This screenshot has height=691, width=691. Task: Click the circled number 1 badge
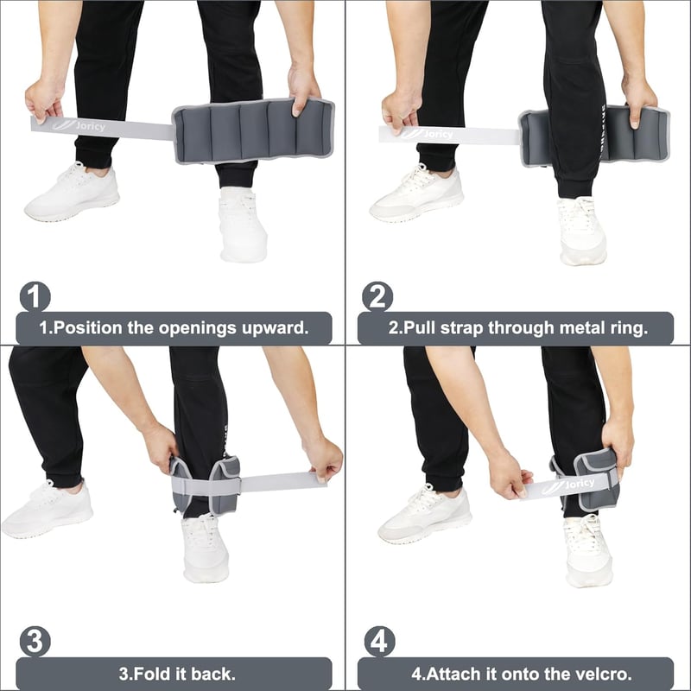point(35,296)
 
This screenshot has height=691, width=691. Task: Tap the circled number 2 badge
point(377,296)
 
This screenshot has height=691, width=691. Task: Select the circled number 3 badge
point(35,642)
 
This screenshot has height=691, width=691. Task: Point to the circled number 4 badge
point(379,642)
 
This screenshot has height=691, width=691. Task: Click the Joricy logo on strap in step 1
point(79,125)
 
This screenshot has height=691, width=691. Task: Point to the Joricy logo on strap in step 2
point(427,133)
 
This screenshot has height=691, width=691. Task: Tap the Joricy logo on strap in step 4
point(567,485)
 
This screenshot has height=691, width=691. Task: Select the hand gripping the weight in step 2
point(638,102)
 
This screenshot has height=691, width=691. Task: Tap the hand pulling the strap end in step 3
point(324,460)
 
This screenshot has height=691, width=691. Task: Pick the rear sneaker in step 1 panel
point(73,192)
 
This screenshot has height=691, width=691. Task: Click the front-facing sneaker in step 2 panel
point(581,231)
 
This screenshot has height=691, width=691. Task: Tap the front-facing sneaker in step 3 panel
point(205,548)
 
